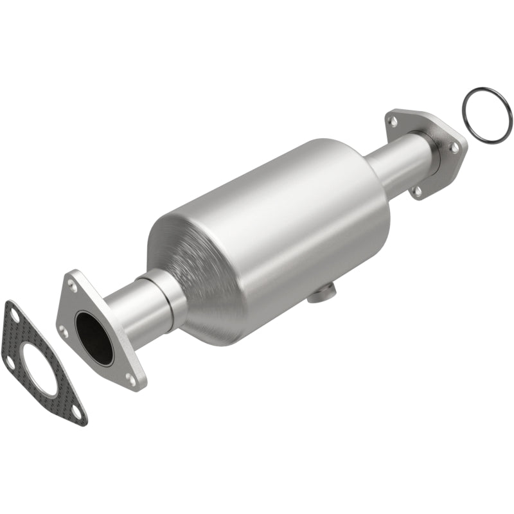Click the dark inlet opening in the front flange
point(94,337)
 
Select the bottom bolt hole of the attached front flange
point(132,380)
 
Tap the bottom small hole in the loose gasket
point(76,411)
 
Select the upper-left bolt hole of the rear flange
point(393,120)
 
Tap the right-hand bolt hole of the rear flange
point(454,148)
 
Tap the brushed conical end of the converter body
point(193,270)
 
